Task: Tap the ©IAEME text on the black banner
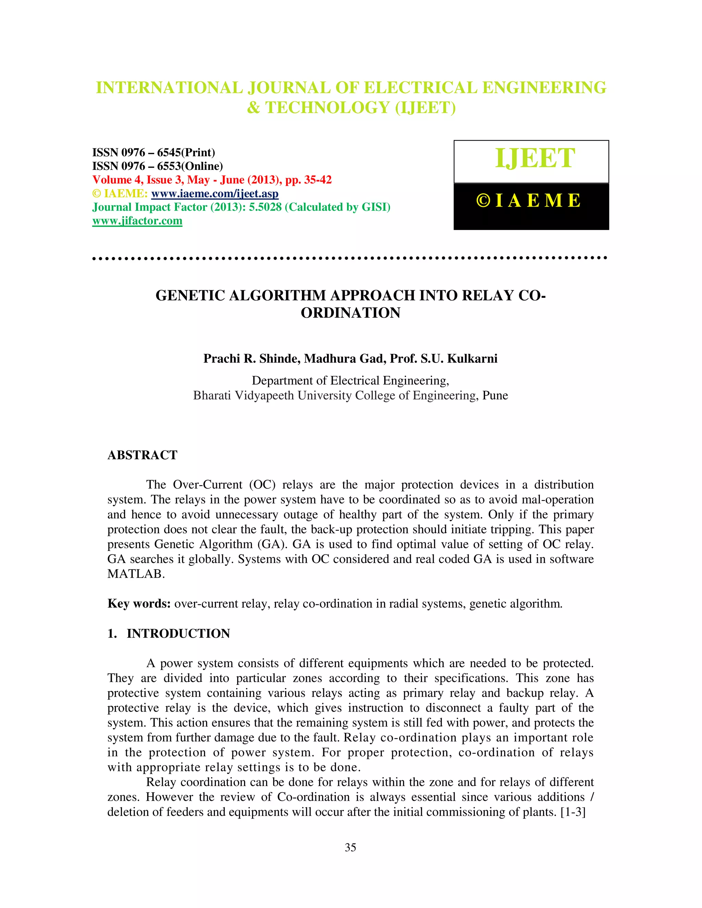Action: tap(529, 201)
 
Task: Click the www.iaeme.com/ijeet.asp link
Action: tap(215, 194)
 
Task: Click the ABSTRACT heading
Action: tap(142, 455)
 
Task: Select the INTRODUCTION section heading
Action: tap(178, 633)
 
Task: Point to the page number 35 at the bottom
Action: tap(350, 847)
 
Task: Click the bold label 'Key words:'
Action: tap(139, 603)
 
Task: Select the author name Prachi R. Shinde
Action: tap(252, 358)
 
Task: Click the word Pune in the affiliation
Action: tap(495, 395)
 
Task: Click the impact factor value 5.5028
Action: tap(265, 207)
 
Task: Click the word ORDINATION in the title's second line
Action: tap(351, 312)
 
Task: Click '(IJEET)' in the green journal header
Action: tap(425, 108)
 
